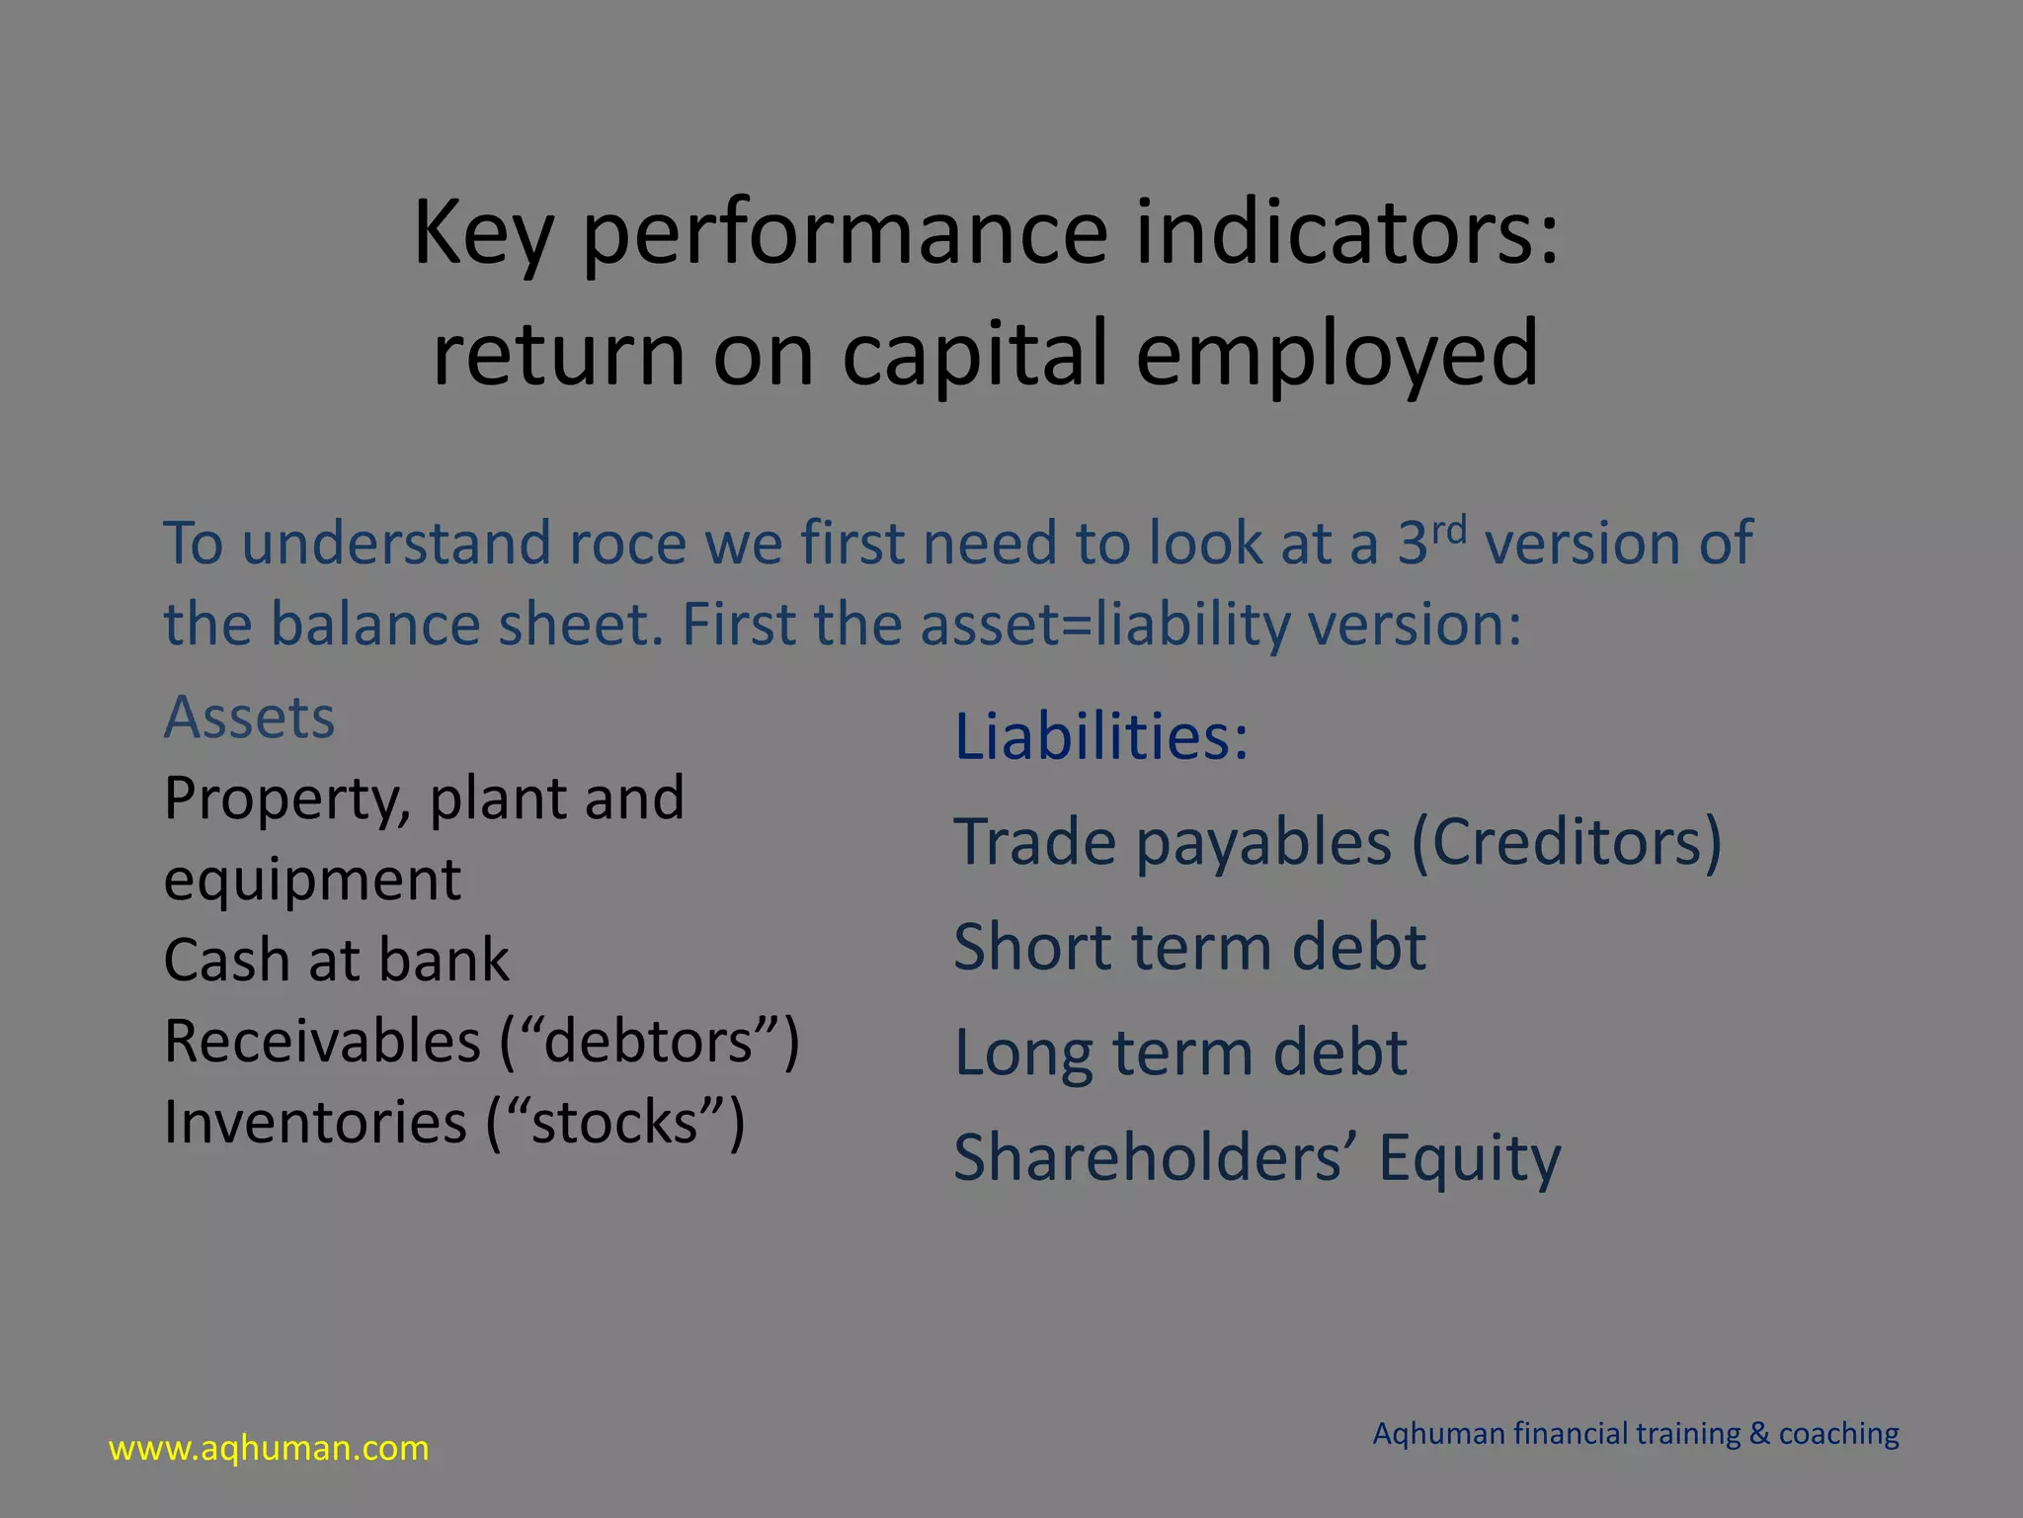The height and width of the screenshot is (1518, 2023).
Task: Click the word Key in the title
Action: (482, 235)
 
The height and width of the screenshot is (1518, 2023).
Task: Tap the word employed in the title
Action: (1336, 354)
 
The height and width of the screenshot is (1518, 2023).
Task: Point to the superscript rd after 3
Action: (1448, 531)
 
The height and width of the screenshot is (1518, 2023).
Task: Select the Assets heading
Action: (249, 717)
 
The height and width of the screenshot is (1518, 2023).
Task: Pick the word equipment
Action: (312, 880)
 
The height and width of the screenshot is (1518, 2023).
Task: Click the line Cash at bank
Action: (336, 960)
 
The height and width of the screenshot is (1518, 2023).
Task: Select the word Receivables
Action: (322, 1041)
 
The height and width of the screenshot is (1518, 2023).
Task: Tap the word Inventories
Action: (315, 1122)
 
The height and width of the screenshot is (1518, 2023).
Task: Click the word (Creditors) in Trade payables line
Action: (1566, 842)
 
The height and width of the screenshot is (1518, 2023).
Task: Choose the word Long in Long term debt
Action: (1023, 1053)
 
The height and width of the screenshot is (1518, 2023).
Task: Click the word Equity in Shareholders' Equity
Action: (1469, 1158)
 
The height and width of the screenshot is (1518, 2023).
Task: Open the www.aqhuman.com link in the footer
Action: (269, 1449)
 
